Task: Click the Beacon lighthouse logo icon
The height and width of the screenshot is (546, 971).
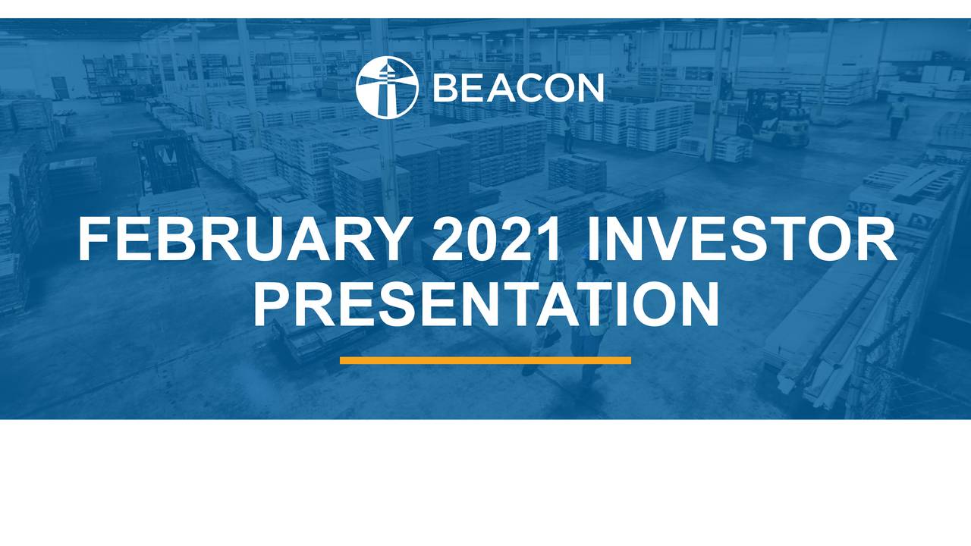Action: tap(387, 87)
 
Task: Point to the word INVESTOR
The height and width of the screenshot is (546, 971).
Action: tap(742, 240)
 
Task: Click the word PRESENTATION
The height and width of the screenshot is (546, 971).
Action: tap(485, 304)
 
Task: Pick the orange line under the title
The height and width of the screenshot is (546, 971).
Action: tap(485, 360)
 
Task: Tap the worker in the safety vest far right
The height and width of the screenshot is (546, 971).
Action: tap(898, 115)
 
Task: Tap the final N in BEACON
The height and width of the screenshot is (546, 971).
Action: tap(589, 88)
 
